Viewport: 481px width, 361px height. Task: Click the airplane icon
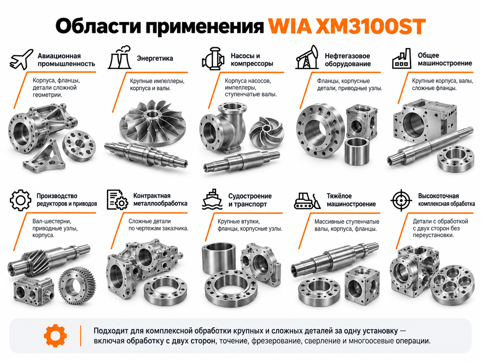pyautogui.click(x=21, y=59)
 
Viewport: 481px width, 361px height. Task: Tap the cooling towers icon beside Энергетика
pyautogui.click(x=120, y=58)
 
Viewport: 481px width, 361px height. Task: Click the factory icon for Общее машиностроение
pyautogui.click(x=402, y=59)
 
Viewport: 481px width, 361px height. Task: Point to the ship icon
pyautogui.click(x=212, y=199)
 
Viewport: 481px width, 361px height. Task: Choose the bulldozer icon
pyautogui.click(x=307, y=200)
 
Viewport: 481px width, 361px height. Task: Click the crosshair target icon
pyautogui.click(x=401, y=200)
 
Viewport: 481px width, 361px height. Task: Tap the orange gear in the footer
pyautogui.click(x=55, y=336)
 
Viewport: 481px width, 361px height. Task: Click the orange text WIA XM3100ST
pyautogui.click(x=347, y=27)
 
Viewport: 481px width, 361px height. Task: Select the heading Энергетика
pyautogui.click(x=155, y=59)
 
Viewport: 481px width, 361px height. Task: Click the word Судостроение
pyautogui.click(x=250, y=196)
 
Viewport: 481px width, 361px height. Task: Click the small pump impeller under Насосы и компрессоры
pyautogui.click(x=266, y=132)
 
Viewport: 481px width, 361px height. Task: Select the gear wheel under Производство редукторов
pyautogui.click(x=77, y=286)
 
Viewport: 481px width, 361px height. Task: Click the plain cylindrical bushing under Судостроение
pyautogui.click(x=219, y=258)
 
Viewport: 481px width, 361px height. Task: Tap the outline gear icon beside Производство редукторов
pyautogui.click(x=20, y=200)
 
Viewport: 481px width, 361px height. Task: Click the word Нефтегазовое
pyautogui.click(x=347, y=56)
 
